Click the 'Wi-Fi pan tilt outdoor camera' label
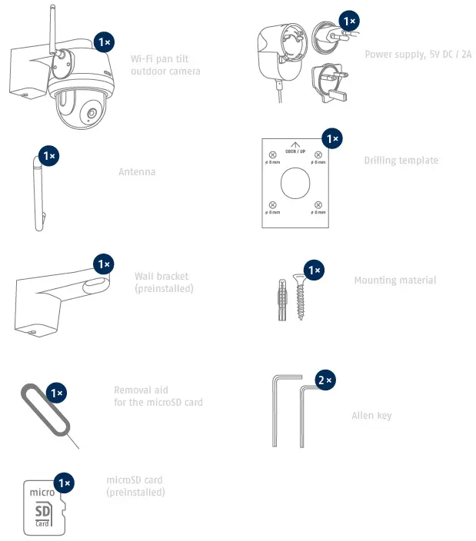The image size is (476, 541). coord(165,65)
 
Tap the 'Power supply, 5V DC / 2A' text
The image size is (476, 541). coord(418,55)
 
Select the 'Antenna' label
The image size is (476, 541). coord(137,172)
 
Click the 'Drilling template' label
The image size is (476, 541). coord(401,161)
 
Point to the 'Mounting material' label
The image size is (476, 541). coord(394,280)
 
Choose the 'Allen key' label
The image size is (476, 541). coord(371,416)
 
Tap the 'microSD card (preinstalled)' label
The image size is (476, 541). coord(135,486)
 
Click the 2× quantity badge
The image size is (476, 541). coord(325,380)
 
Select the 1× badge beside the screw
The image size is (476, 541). coord(314,270)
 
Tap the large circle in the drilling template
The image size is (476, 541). coord(296,184)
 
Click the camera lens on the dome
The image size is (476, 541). coord(91,115)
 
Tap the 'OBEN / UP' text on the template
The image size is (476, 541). coord(296,151)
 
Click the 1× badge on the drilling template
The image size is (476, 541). coord(331,139)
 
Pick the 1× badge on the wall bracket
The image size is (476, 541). coord(104,264)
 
